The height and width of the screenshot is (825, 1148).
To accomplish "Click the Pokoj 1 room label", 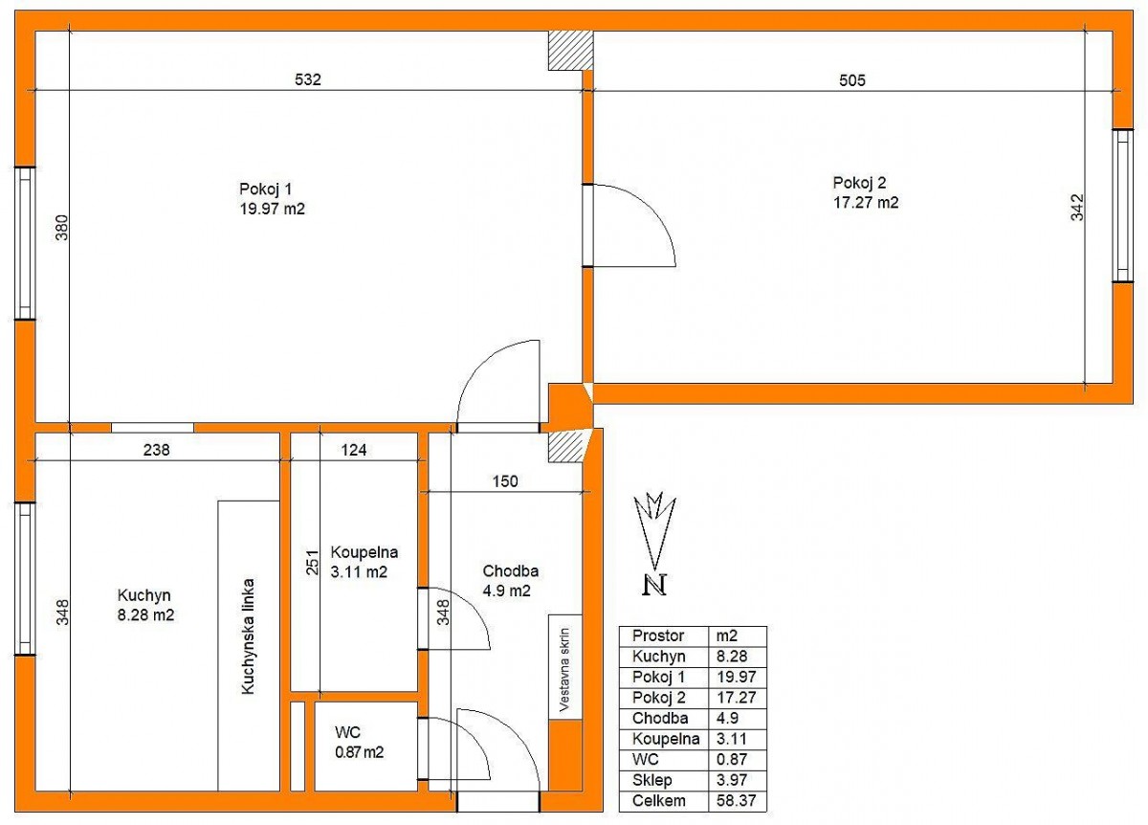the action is pos(265,190).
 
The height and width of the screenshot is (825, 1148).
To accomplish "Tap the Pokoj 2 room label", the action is pos(859,183).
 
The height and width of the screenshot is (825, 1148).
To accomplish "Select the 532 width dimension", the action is pos(307,79).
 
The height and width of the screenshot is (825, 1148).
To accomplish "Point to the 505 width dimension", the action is pos(851,80).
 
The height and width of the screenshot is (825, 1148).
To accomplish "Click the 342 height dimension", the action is pos(1077,207).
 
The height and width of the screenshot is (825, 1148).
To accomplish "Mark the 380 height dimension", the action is pos(61,228).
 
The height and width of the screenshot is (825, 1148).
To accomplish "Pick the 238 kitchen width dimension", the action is pos(156,450).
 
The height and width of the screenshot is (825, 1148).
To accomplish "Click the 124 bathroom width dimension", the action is pos(354,450).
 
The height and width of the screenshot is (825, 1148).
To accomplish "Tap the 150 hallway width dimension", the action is pos(505,481).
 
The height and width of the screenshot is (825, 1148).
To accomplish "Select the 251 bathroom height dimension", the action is pos(312,562).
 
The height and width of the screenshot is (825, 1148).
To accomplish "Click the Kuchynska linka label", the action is pos(248,636).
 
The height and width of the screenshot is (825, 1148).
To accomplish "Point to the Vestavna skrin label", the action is pos(564,670).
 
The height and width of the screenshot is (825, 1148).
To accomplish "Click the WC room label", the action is pos(347,731).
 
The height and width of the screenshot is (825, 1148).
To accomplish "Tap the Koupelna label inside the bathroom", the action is pos(364,552).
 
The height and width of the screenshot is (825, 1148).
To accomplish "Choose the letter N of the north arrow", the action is pos(654,585).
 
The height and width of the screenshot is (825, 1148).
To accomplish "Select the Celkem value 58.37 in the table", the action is pos(736,800).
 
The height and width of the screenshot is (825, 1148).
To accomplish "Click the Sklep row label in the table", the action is pos(651,780).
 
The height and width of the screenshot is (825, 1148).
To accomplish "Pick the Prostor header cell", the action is pos(658,635).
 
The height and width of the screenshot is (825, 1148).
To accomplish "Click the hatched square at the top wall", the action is pos(570,51).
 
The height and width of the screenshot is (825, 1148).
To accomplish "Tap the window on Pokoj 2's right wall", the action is pos(1122,206).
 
